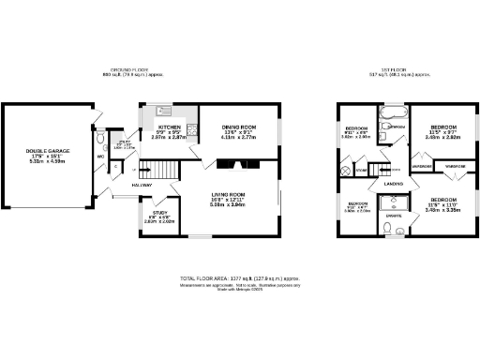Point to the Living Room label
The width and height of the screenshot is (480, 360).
point(228,194)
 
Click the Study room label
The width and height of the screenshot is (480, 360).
point(159,212)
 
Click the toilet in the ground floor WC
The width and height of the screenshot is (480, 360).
point(101,138)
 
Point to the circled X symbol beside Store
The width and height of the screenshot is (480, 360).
point(350,171)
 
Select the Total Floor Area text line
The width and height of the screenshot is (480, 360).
point(240,278)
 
